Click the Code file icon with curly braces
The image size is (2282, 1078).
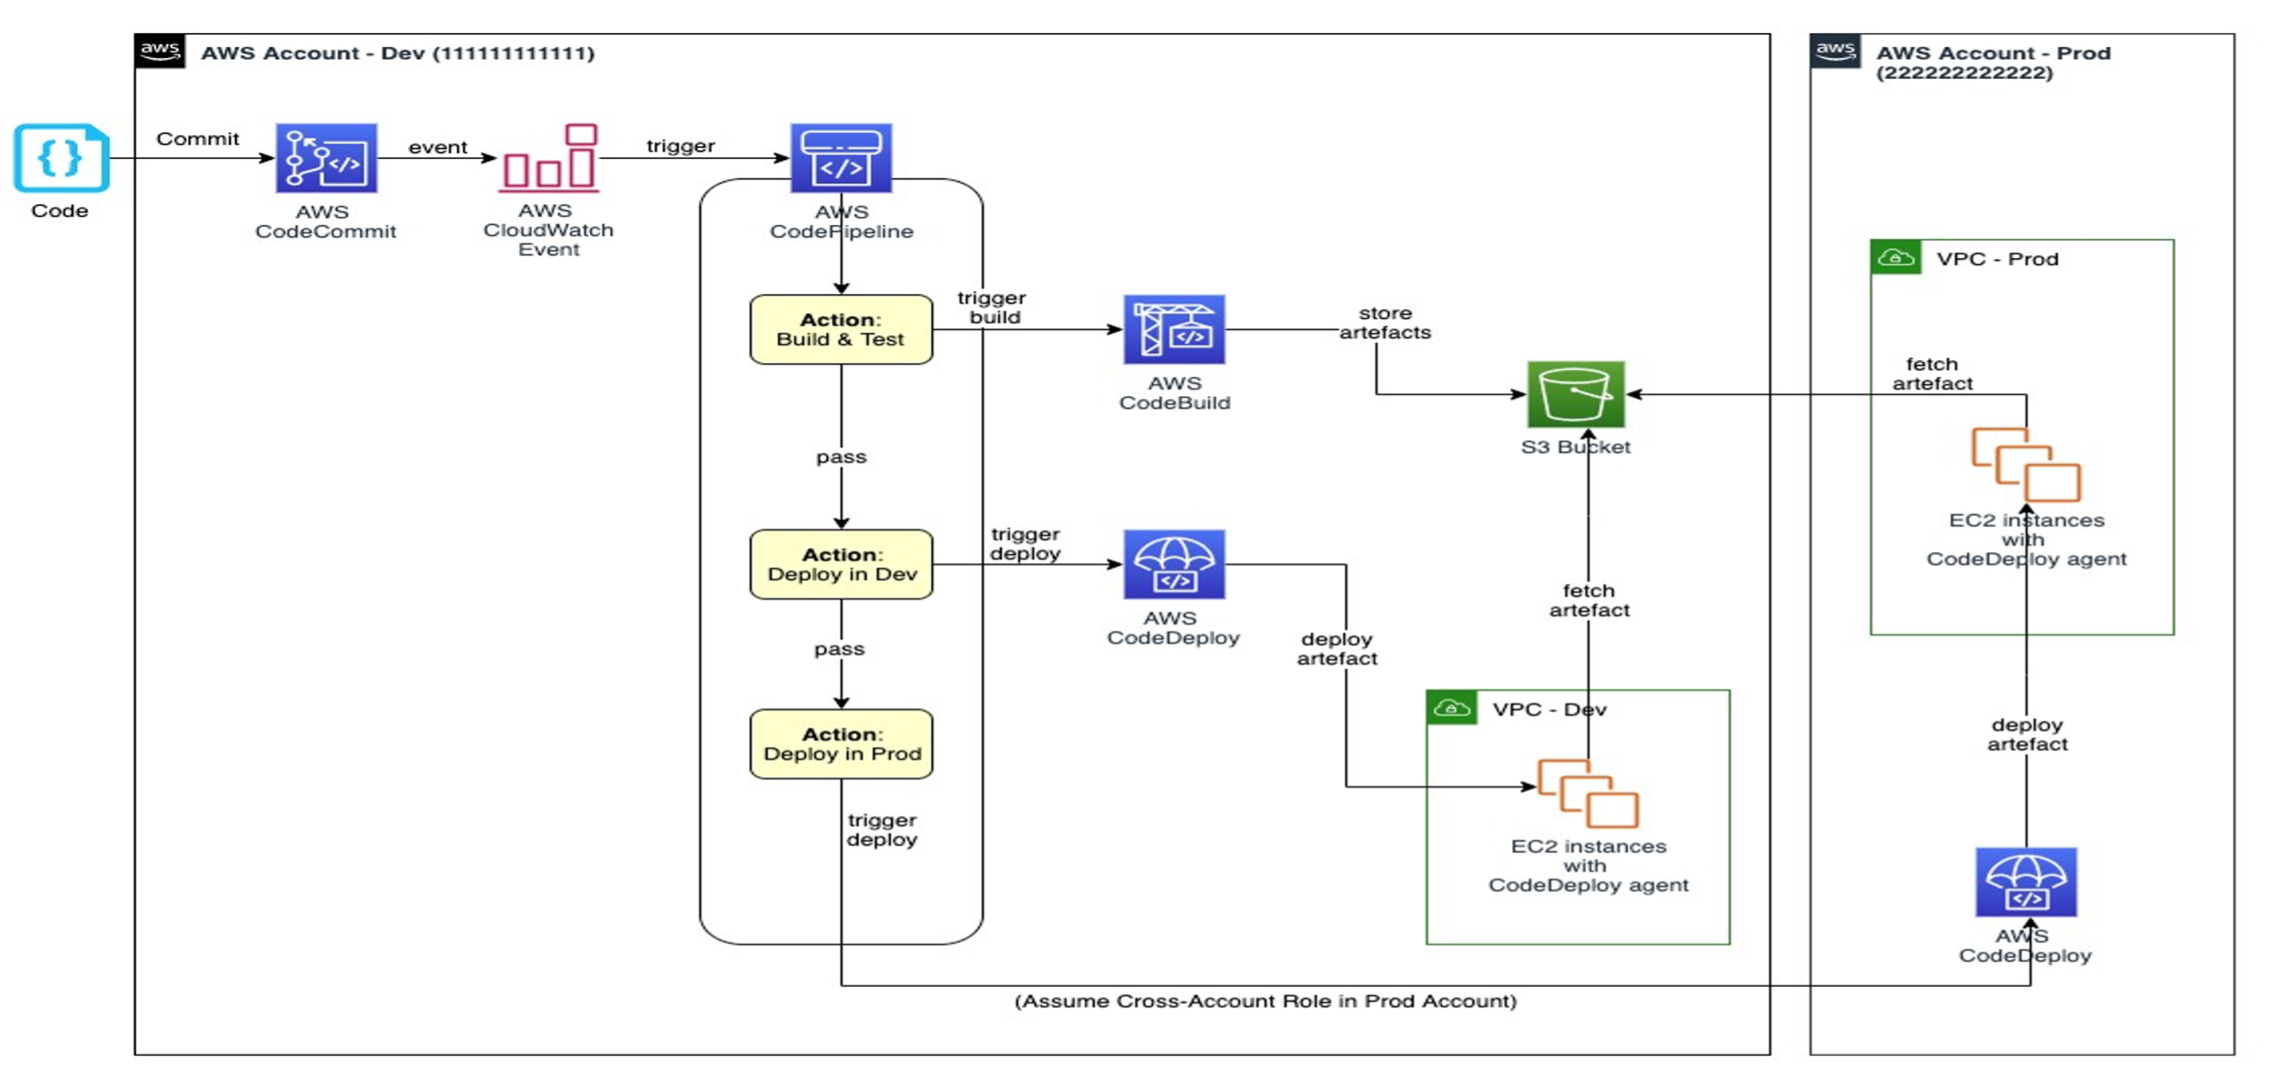(61, 158)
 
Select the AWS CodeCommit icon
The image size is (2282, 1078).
(326, 158)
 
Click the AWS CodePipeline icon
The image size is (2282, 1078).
(841, 158)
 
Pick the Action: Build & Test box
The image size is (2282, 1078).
(841, 329)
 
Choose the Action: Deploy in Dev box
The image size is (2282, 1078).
(841, 564)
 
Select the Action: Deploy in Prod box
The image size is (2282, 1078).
(841, 743)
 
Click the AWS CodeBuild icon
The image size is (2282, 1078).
(1174, 329)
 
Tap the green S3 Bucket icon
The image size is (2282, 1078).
(1576, 394)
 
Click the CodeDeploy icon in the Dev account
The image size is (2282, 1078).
(1174, 564)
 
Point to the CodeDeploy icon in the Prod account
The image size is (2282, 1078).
(2026, 882)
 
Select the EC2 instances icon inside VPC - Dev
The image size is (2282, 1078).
(1588, 793)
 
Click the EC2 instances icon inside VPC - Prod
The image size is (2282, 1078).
(2026, 464)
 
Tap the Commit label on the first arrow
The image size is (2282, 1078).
(198, 139)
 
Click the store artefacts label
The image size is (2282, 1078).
(1384, 323)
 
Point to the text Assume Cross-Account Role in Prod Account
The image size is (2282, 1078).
(1265, 1001)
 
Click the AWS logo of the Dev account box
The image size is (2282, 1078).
(160, 51)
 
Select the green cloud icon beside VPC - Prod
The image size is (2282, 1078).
(1895, 257)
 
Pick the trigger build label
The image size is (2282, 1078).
(992, 307)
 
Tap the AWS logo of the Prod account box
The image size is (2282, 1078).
(1835, 51)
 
